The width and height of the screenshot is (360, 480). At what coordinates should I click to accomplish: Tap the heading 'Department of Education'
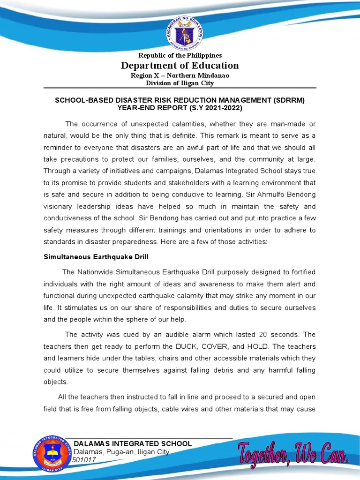[x=180, y=66]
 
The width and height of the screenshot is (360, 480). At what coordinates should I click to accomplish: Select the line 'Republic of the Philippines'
[x=180, y=56]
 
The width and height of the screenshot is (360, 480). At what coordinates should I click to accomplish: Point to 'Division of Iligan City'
[x=180, y=83]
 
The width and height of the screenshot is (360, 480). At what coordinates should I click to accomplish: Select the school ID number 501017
[x=84, y=460]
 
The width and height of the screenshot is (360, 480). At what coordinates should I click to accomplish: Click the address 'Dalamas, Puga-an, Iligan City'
[x=121, y=452]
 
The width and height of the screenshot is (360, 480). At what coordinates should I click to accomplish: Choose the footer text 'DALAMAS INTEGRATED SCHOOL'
[x=133, y=443]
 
